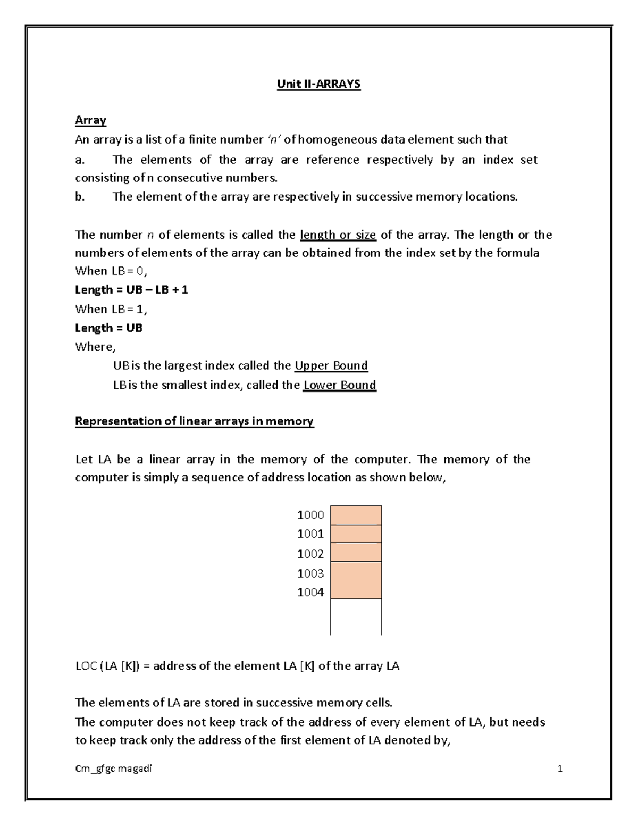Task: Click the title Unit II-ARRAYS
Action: (318, 84)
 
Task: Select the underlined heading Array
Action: (90, 120)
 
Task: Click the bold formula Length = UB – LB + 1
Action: (131, 290)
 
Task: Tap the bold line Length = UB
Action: (108, 328)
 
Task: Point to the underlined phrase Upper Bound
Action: (331, 366)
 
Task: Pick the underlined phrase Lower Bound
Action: (339, 385)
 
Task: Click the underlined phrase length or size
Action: (338, 235)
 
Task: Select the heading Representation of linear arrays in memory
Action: (194, 421)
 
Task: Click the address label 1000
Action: (310, 515)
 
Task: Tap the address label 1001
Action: (310, 533)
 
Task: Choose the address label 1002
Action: (310, 554)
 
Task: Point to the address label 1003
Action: (310, 573)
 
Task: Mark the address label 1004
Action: (310, 593)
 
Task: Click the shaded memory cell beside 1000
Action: (356, 515)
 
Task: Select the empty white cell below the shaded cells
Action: (356, 617)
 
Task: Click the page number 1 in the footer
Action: (560, 769)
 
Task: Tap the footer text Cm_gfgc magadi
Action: (113, 769)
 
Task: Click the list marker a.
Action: (80, 160)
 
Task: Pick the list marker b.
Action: (80, 197)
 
